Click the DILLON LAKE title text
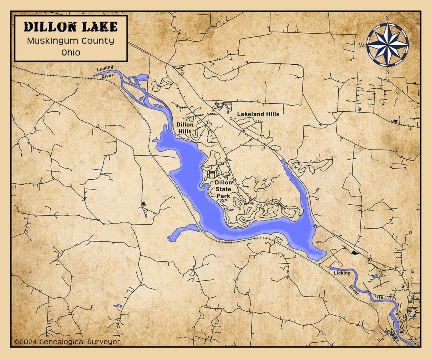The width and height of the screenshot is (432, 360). tap(71, 27)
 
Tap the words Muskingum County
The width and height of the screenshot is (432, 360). tap(71, 41)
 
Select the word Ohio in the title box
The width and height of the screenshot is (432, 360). tap(71, 52)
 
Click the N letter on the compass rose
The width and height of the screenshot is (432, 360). tap(387, 18)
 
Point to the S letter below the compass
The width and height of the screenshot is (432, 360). tap(387, 72)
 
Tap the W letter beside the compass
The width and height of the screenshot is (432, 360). tap(361, 45)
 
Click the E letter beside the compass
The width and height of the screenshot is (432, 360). tap(413, 45)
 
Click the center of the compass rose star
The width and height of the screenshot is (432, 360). tap(387, 45)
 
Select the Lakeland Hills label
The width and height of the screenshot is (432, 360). tap(258, 114)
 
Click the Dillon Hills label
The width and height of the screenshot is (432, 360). tap(185, 128)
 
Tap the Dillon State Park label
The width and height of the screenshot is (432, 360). tap(223, 190)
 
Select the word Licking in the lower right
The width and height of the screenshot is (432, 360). tap(342, 273)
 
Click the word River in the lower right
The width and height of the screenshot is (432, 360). tap(353, 291)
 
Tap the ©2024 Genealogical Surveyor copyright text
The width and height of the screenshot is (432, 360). tap(67, 342)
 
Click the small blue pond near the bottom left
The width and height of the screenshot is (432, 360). tap(118, 306)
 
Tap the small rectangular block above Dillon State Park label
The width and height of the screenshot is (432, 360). tap(211, 174)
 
